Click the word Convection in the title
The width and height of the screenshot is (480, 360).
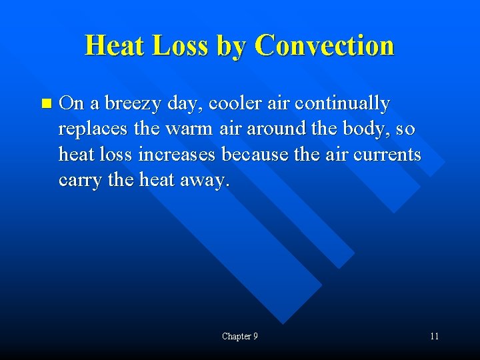(324, 45)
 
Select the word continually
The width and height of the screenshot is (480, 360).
(342, 103)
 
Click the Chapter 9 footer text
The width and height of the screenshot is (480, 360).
(240, 337)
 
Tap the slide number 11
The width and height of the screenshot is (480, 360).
(434, 337)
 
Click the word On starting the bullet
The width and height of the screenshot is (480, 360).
(71, 103)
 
